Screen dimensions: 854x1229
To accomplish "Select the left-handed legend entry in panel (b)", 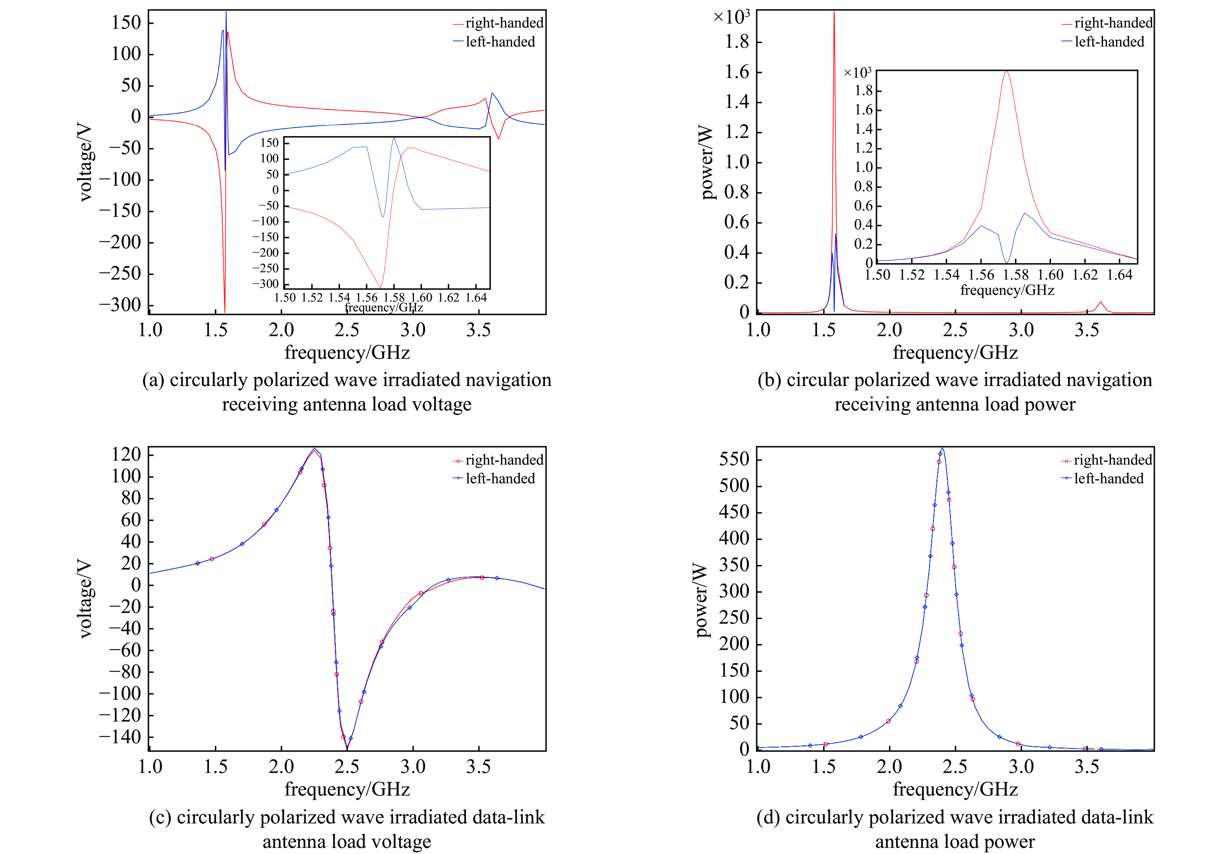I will [1108, 42].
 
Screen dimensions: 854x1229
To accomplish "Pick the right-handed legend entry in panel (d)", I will [1112, 460].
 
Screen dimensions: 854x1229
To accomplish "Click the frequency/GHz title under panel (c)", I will [347, 789].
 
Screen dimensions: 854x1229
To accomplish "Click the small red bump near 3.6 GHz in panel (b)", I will [1101, 303].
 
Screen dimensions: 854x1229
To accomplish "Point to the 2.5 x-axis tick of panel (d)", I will [955, 766].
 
